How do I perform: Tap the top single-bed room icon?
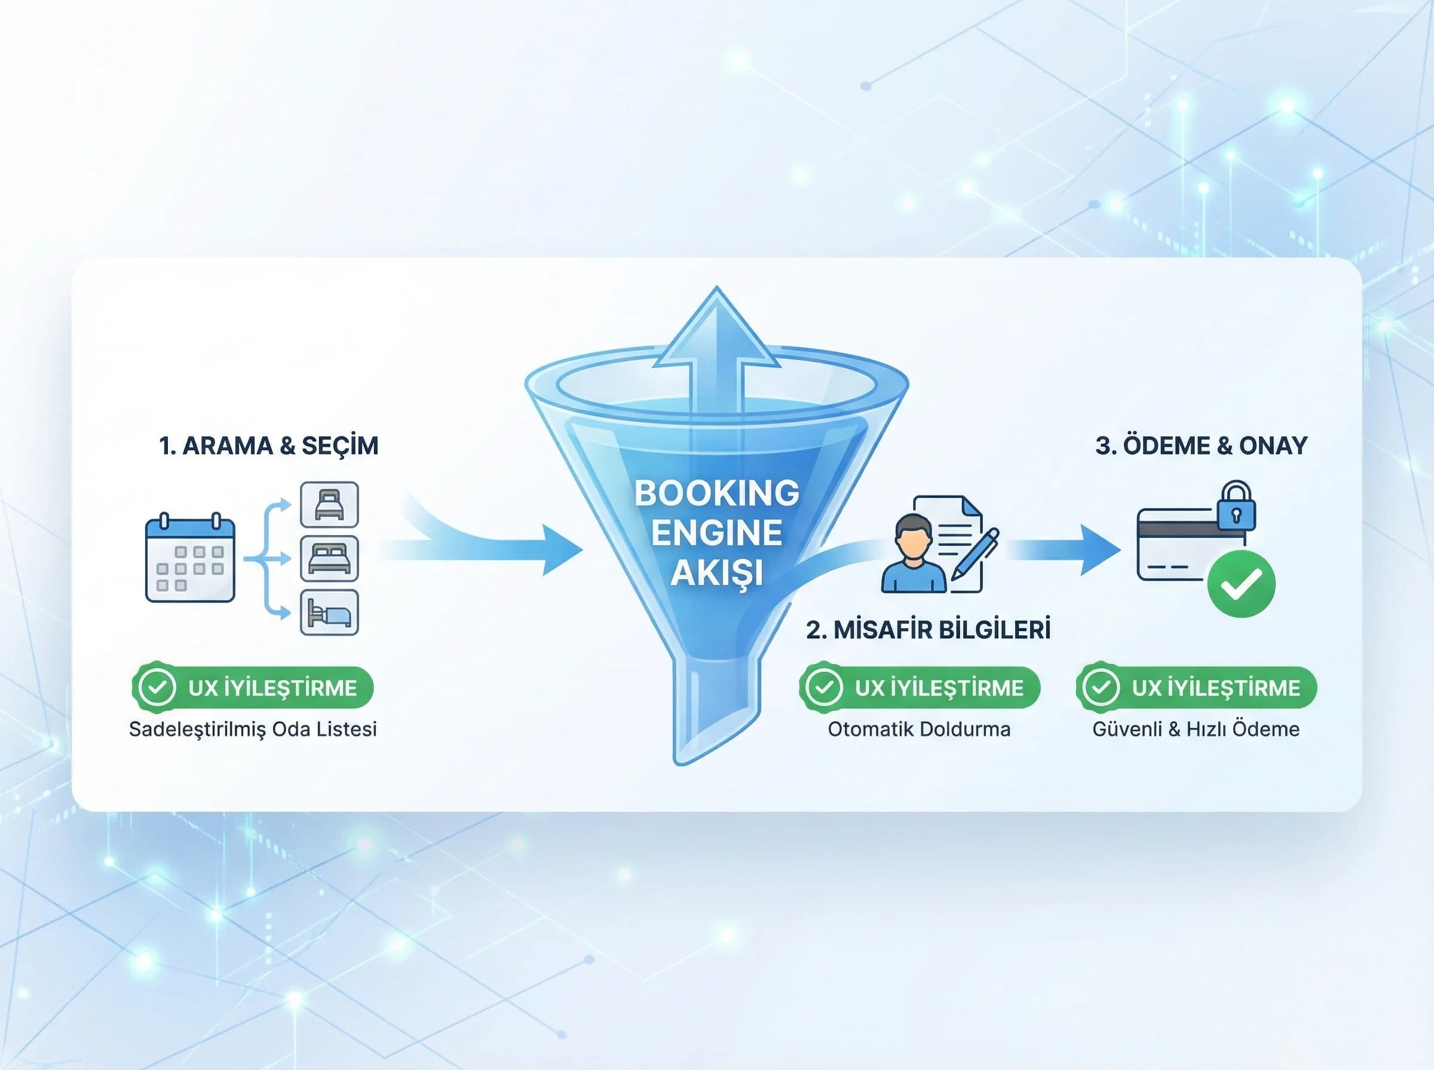[x=329, y=505]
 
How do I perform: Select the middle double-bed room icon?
[x=329, y=558]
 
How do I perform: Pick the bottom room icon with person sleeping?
[x=329, y=612]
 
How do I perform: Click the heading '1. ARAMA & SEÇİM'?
[x=269, y=445]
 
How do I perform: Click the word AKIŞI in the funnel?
[x=716, y=573]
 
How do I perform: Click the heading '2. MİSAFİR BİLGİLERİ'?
[x=928, y=629]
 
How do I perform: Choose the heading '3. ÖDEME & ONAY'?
[x=1201, y=445]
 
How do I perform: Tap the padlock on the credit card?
[x=1236, y=507]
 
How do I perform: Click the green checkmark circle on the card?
[x=1241, y=583]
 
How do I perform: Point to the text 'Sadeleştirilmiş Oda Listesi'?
[x=253, y=729]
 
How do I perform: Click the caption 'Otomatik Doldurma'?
[x=919, y=729]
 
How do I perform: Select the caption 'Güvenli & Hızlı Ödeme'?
[x=1196, y=729]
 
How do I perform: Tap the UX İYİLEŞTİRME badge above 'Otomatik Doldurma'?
[x=920, y=688]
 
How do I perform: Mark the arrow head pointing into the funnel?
[x=562, y=551]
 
